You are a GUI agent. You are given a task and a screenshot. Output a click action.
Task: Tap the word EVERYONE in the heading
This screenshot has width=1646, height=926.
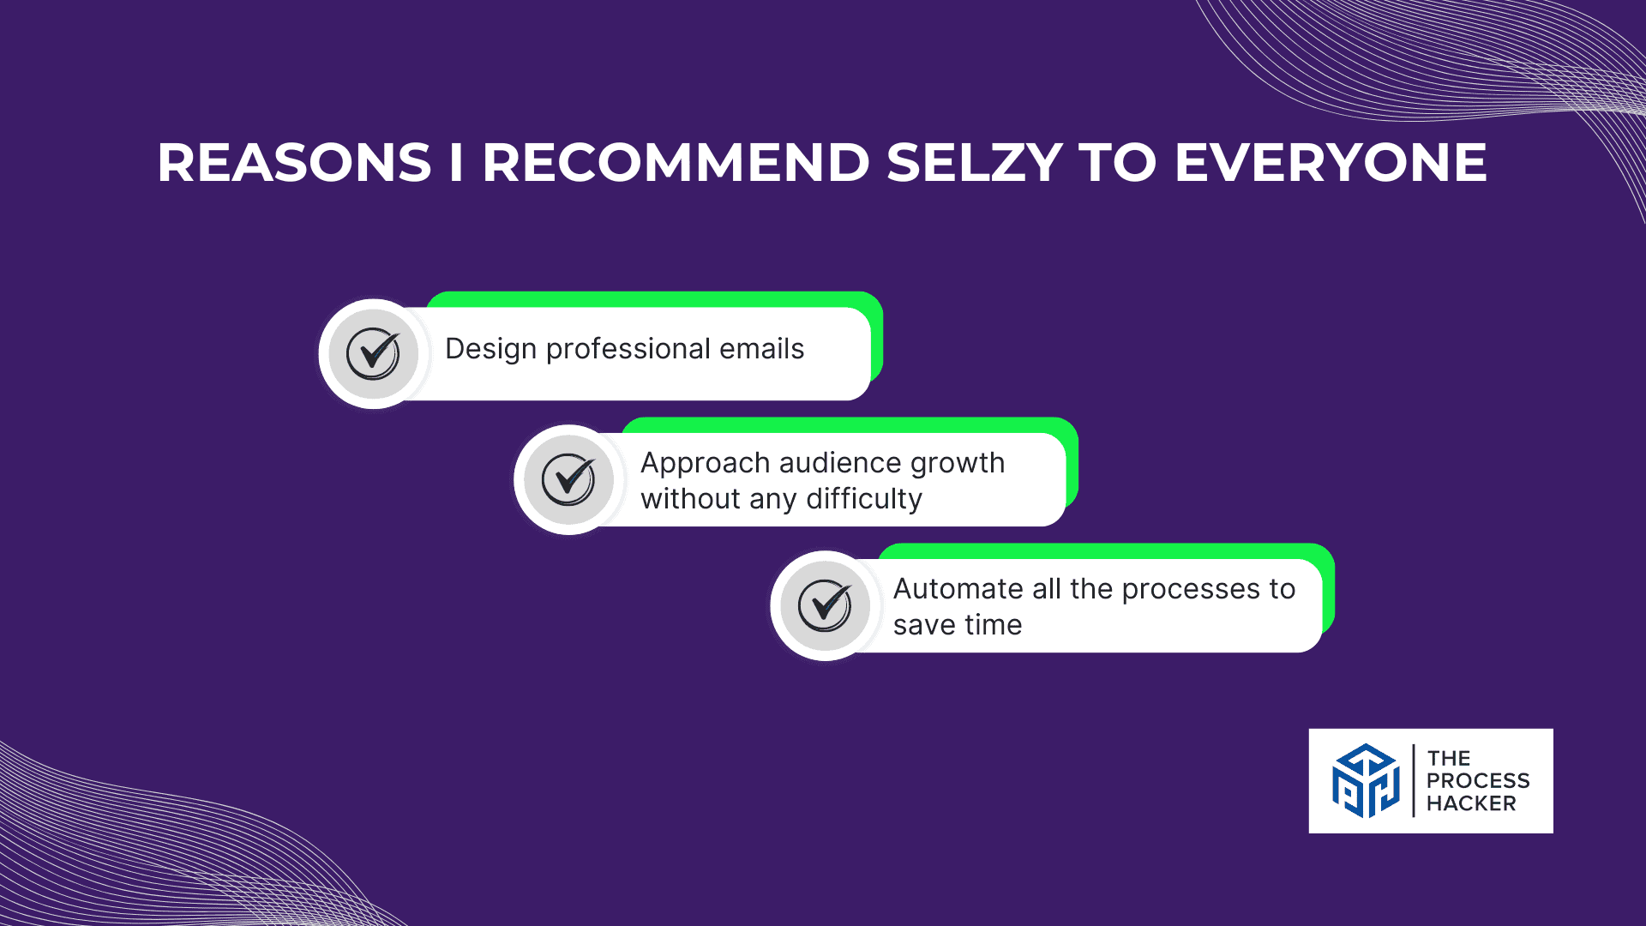pyautogui.click(x=1331, y=163)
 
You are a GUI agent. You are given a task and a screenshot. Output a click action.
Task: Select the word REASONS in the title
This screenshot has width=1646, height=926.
pyautogui.click(x=294, y=163)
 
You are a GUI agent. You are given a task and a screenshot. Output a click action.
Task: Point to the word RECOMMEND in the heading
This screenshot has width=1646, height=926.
pyautogui.click(x=676, y=163)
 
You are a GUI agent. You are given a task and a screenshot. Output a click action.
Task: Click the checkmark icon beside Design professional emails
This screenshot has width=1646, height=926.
pyautogui.click(x=373, y=353)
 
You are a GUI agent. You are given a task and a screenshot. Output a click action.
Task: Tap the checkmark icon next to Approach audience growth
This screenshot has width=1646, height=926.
pyautogui.click(x=568, y=479)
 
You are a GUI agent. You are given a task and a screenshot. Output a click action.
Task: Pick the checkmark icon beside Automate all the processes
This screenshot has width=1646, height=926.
pyautogui.click(x=825, y=605)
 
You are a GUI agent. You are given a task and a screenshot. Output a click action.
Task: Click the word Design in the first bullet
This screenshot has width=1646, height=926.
pyautogui.click(x=490, y=350)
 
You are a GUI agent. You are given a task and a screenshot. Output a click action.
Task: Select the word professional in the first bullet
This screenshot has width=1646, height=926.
pyautogui.click(x=628, y=350)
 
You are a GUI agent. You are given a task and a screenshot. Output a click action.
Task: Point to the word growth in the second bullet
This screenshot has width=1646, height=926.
pyautogui.click(x=958, y=464)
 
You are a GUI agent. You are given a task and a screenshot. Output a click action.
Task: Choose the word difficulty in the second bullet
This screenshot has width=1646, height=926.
pyautogui.click(x=864, y=500)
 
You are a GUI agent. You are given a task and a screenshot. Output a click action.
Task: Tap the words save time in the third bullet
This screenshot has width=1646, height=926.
pyautogui.click(x=958, y=625)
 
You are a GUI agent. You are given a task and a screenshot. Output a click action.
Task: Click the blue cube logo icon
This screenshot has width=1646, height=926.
pyautogui.click(x=1366, y=780)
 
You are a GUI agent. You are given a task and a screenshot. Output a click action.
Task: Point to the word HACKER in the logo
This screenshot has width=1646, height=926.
pyautogui.click(x=1471, y=803)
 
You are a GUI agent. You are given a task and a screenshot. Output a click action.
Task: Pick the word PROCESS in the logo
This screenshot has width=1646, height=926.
pyautogui.click(x=1478, y=781)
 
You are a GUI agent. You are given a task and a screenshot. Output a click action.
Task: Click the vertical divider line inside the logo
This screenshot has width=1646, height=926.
pyautogui.click(x=1413, y=780)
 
